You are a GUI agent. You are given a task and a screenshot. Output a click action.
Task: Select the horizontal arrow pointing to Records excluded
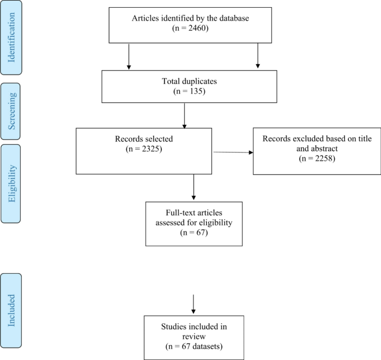pyautogui.click(x=233, y=152)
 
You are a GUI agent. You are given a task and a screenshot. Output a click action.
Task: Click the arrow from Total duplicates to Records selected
pyautogui.click(x=184, y=117)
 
